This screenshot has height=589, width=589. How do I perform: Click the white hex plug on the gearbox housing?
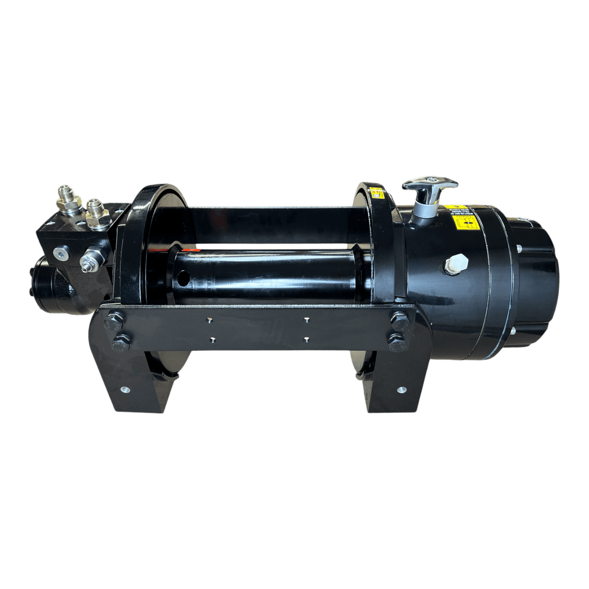[456, 264]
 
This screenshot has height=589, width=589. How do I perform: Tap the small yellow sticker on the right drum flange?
[377, 193]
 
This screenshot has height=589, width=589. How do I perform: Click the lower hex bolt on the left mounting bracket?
[121, 343]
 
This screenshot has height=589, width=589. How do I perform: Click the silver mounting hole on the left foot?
[124, 389]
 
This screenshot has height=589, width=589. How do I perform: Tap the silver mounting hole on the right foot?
[401, 389]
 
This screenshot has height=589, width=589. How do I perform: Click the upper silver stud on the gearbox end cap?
[518, 248]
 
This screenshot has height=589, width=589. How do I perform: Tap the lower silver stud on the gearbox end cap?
[511, 331]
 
